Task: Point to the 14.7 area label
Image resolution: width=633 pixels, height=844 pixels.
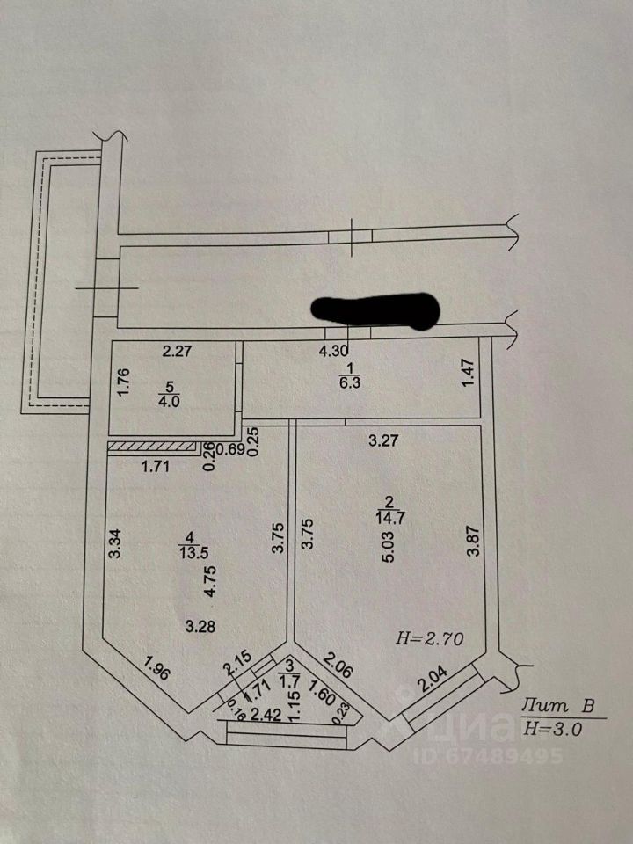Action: click(x=386, y=517)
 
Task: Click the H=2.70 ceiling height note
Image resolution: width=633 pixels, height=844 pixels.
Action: click(x=430, y=638)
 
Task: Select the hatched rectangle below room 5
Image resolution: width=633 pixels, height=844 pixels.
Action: click(x=150, y=446)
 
